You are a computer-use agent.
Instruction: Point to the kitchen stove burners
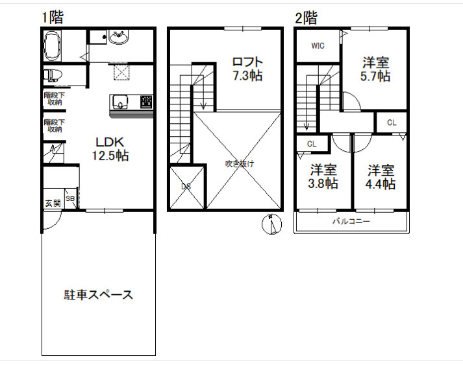pos(147,101)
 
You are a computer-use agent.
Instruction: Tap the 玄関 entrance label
pos(53,203)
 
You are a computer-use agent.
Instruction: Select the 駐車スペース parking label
pos(98,295)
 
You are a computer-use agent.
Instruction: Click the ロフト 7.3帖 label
pos(247,69)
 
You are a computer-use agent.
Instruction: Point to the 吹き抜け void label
pos(240,163)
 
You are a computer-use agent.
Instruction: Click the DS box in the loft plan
pos(186,187)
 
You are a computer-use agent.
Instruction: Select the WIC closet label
pos(318,45)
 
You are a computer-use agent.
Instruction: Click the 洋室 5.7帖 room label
pos(376,69)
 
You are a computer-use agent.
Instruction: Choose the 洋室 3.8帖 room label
pos(323,177)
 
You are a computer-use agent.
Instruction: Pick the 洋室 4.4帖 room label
pos(381,177)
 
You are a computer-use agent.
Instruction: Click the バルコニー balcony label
pos(351,221)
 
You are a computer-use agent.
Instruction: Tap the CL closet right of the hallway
pos(392,122)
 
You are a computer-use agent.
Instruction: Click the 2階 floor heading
pos(306,18)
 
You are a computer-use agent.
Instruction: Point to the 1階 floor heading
pos(52,18)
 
